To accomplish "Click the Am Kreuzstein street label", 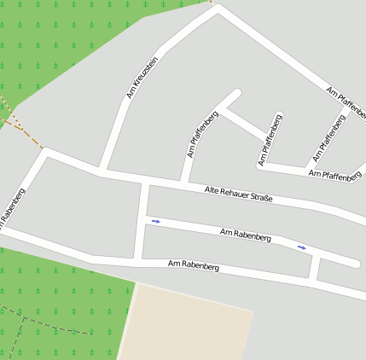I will (x=142, y=77).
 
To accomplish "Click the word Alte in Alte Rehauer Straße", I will (x=212, y=189).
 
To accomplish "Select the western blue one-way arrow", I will (x=155, y=222).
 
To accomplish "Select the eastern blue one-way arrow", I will (x=301, y=247).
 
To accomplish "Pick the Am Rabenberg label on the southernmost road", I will (x=194, y=266).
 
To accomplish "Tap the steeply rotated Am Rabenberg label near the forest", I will (x=12, y=209).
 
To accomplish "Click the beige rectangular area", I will (x=188, y=324).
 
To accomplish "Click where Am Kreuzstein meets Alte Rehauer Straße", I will (x=102, y=171).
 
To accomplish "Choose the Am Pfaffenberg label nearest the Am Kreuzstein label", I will (x=202, y=134).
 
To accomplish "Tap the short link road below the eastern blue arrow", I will (x=315, y=269).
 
